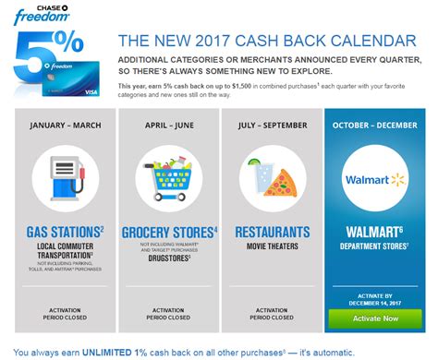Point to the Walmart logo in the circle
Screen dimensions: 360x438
click(x=373, y=178)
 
